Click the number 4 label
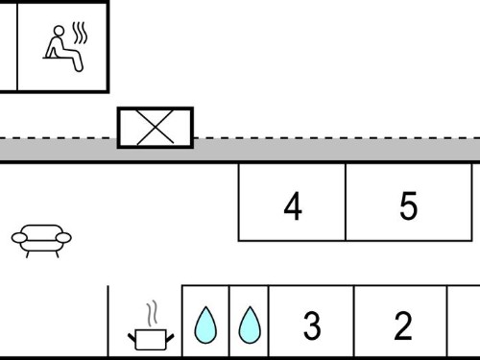tap(293, 206)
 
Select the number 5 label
tap(409, 206)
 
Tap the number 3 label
tap(312, 325)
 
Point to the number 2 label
tap(403, 325)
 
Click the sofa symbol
tap(41, 241)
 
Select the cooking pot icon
tap(151, 340)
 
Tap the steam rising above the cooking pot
tap(153, 313)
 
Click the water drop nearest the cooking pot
tap(205, 324)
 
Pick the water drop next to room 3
tap(250, 324)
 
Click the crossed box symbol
tap(156, 128)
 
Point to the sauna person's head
tap(59, 31)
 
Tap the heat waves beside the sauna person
tap(80, 33)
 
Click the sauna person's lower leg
tap(78, 63)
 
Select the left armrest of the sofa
tap(19, 238)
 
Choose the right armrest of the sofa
tap(63, 238)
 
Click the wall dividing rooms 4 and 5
tap(346, 203)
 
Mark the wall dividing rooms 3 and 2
tap(354, 321)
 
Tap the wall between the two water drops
tap(229, 321)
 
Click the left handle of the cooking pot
tap(132, 337)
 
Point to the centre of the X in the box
tap(156, 128)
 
